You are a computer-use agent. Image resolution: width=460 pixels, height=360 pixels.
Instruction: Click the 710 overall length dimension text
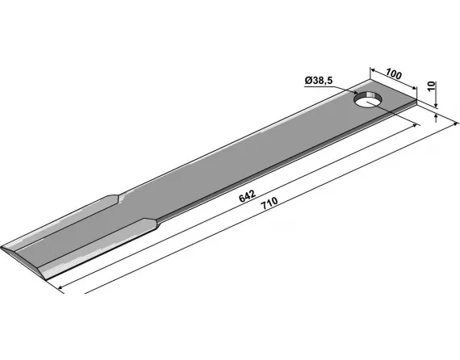[270, 203]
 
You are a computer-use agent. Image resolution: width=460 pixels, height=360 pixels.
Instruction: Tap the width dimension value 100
[393, 74]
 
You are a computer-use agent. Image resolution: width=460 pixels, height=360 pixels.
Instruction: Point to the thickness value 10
[432, 87]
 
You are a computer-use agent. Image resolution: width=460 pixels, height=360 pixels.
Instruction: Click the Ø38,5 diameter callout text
[319, 81]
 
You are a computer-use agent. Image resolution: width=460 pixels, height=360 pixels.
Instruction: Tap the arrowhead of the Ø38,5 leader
[355, 92]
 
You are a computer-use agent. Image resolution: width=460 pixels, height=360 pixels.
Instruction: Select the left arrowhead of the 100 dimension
[373, 70]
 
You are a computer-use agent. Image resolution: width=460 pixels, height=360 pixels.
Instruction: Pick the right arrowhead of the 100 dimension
[414, 87]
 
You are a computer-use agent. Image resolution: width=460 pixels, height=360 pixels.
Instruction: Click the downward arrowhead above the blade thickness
[436, 105]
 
